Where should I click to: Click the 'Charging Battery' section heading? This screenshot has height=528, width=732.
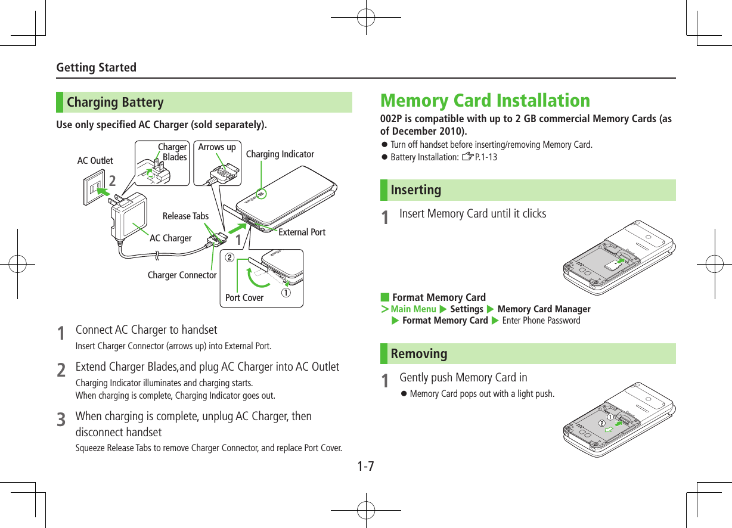click(115, 103)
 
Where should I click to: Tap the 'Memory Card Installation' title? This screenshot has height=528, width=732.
click(485, 100)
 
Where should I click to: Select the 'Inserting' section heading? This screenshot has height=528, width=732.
click(416, 190)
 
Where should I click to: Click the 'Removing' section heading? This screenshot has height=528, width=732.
click(418, 354)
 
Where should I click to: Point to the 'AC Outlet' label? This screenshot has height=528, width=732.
click(95, 161)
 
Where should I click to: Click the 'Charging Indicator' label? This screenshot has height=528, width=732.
click(280, 154)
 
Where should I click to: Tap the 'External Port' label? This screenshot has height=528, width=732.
click(302, 232)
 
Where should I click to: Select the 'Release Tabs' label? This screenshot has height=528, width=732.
click(185, 216)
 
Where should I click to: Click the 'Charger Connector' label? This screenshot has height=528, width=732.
click(182, 275)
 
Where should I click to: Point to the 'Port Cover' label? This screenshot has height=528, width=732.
click(244, 297)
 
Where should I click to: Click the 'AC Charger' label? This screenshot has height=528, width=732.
click(170, 238)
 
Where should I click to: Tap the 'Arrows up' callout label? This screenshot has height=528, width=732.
click(216, 147)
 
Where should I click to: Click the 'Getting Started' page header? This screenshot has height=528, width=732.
click(96, 67)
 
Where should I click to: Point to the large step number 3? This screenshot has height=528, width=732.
click(61, 421)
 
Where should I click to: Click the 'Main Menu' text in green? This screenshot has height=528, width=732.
click(413, 309)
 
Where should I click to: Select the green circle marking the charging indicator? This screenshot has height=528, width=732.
click(260, 194)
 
